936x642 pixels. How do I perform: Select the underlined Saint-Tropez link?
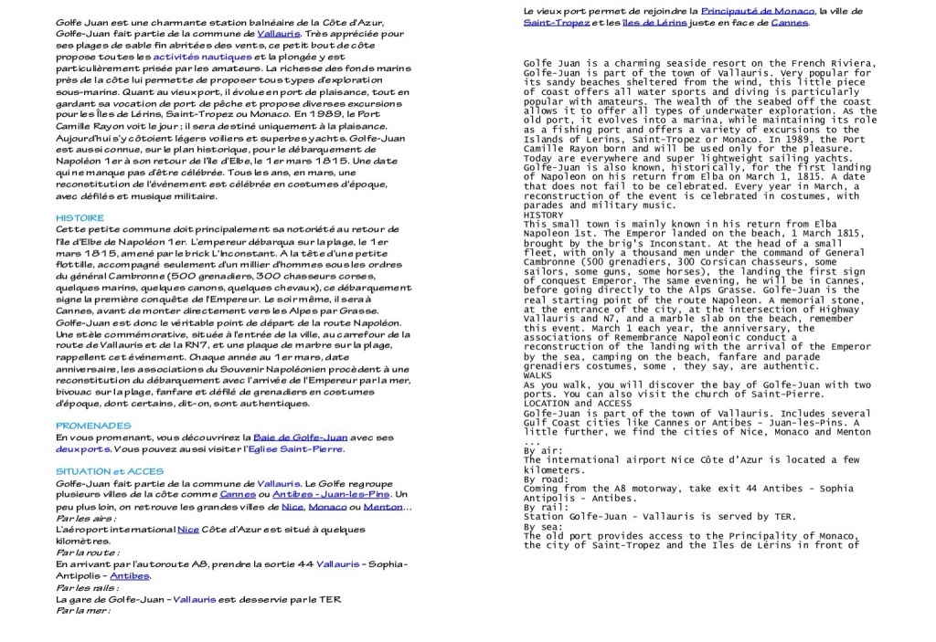556,22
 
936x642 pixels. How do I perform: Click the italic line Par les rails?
87,588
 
